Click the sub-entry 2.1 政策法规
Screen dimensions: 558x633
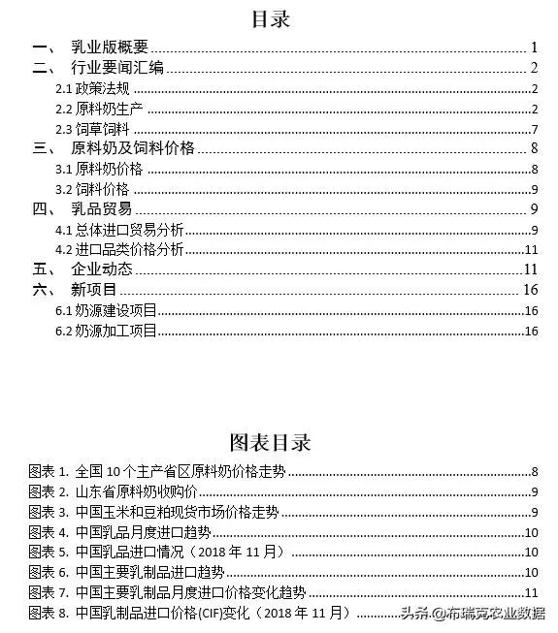point(93,88)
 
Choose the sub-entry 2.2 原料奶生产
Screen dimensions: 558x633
point(100,109)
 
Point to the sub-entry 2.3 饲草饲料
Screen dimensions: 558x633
point(93,129)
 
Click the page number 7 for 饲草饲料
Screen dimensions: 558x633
point(534,129)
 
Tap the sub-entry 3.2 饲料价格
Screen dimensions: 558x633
point(93,189)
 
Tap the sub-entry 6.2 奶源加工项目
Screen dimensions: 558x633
point(106,331)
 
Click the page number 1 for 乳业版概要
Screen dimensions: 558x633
point(534,47)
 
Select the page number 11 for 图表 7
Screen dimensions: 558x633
point(531,591)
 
